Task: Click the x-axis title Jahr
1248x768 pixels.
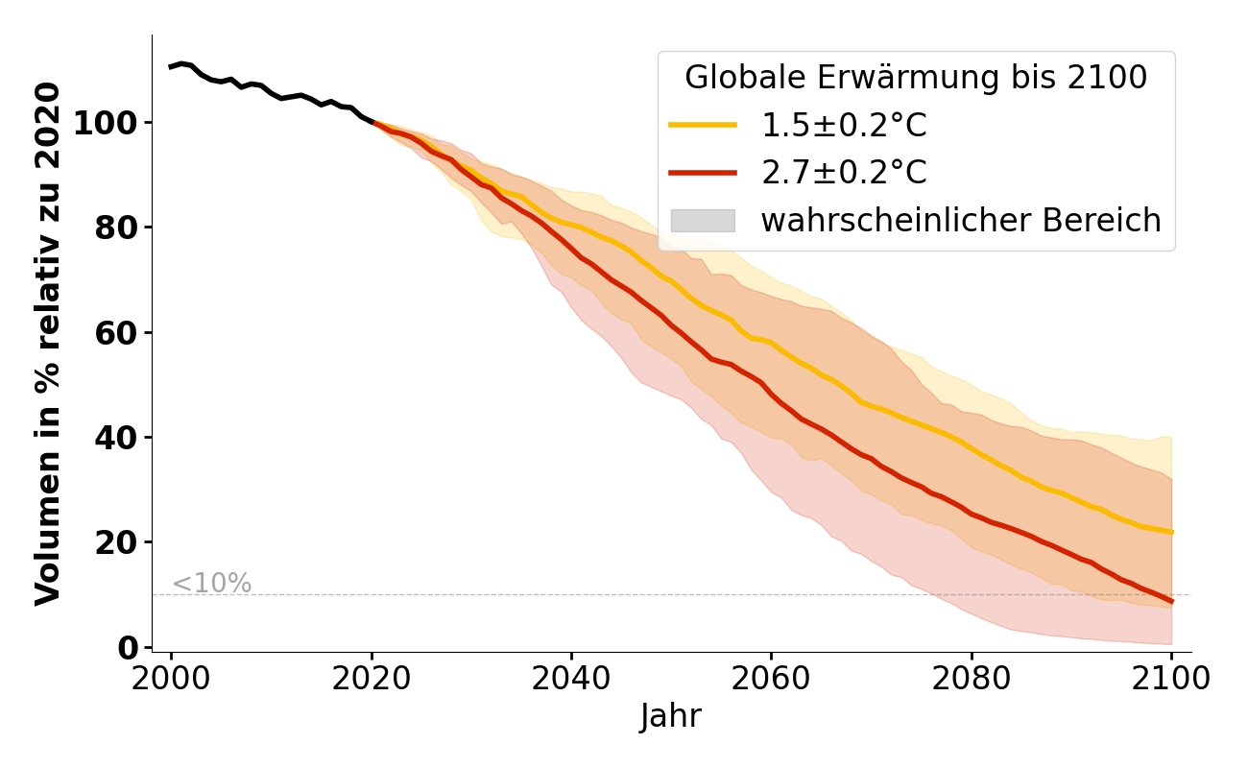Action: point(671,716)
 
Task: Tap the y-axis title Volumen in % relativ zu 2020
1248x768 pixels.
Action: point(48,344)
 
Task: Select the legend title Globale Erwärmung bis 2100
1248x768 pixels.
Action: point(916,78)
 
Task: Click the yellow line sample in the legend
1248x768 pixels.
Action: point(703,125)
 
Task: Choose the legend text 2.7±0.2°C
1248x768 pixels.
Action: point(844,173)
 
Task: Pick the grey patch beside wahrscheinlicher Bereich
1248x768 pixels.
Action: point(703,221)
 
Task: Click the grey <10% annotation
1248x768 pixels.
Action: point(211,584)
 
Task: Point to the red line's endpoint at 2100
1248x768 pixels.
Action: point(1171,602)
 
